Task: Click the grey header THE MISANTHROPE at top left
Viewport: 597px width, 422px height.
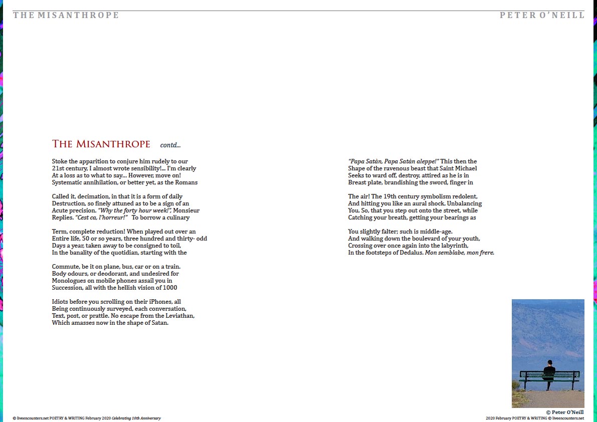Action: coord(66,15)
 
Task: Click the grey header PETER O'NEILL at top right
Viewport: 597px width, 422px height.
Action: coord(542,15)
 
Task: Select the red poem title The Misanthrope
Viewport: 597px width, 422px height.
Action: coord(101,144)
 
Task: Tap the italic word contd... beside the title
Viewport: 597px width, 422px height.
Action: coord(170,145)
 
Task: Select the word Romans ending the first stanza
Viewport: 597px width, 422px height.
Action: coord(186,182)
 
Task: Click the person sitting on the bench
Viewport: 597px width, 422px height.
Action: coord(549,372)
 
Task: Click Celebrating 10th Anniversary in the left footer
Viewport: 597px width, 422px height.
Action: coord(136,418)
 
